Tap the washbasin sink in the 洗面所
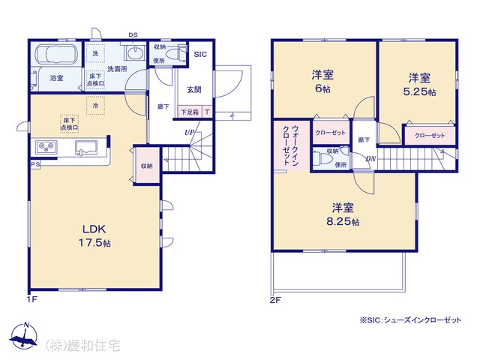click(x=135, y=53)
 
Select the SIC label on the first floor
click(x=200, y=55)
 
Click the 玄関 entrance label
click(x=194, y=90)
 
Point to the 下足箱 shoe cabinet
click(x=190, y=112)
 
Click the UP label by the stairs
click(x=189, y=133)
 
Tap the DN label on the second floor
click(x=370, y=159)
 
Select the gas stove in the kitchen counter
click(x=46, y=147)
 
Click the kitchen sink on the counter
click(x=86, y=148)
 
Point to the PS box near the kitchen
click(x=35, y=164)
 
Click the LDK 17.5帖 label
click(x=94, y=235)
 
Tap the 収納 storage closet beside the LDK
click(x=147, y=166)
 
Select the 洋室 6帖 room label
click(x=322, y=82)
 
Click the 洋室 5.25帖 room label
click(x=419, y=85)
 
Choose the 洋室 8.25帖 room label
click(x=343, y=214)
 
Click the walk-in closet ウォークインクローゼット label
click(x=290, y=145)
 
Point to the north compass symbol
click(x=24, y=336)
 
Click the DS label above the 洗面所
click(x=133, y=35)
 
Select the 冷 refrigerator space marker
click(x=95, y=106)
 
